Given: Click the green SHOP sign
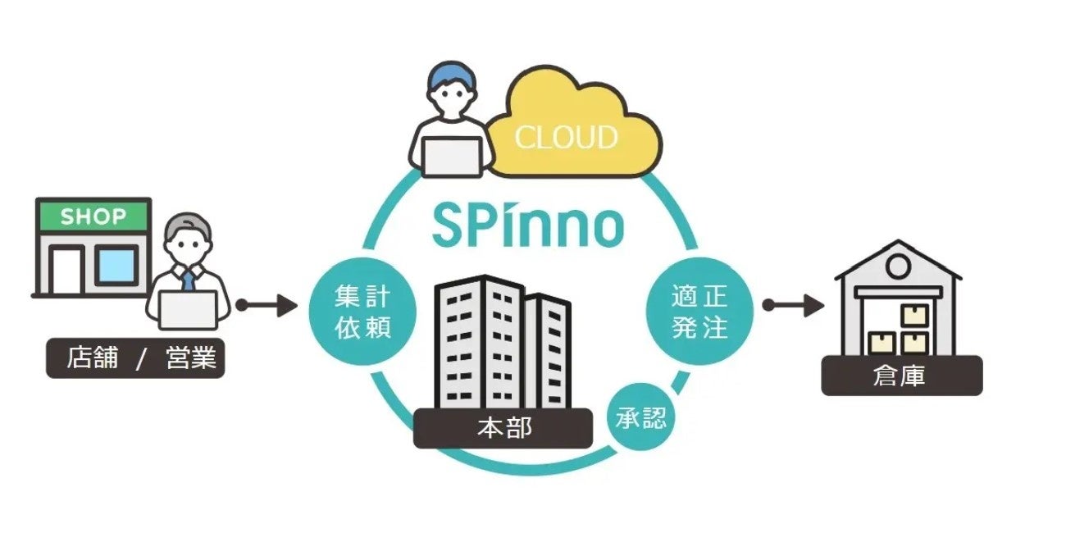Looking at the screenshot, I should (x=93, y=217).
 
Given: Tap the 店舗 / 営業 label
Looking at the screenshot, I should (x=135, y=359).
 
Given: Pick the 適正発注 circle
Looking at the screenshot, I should (x=699, y=312).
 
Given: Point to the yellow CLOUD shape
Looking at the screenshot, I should (x=574, y=131).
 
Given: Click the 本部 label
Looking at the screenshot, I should (x=503, y=429).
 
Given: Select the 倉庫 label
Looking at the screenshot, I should (x=900, y=376).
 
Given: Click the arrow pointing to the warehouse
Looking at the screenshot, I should (x=793, y=306).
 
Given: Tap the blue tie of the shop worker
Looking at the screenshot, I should (x=189, y=280).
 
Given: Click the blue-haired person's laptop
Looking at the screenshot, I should (x=452, y=156).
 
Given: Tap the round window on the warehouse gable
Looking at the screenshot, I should (x=897, y=265).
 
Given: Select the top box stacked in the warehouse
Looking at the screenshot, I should (x=914, y=315).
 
